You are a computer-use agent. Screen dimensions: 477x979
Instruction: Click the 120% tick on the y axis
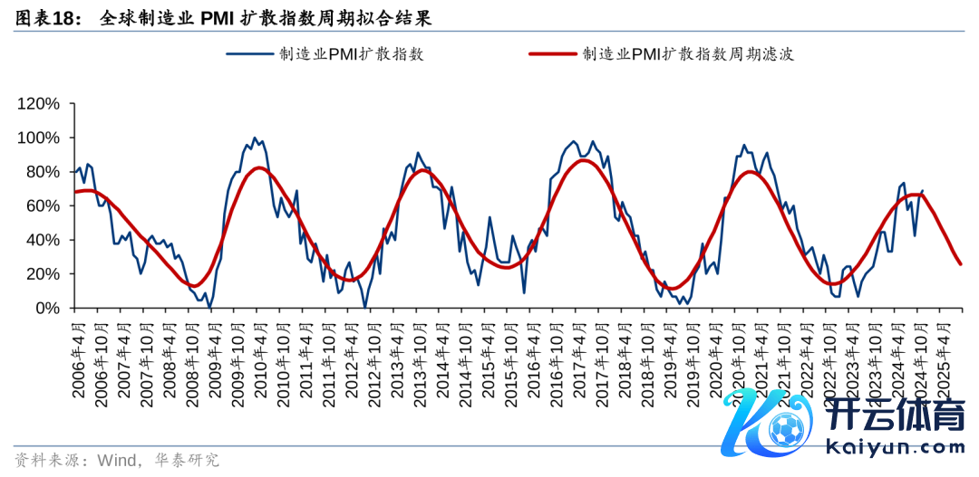(38, 104)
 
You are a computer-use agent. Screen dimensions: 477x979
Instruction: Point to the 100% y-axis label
(38, 138)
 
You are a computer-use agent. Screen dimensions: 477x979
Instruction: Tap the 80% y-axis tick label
(42, 172)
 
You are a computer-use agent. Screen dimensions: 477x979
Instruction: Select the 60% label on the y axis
(42, 205)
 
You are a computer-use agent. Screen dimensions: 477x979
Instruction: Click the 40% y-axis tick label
(42, 240)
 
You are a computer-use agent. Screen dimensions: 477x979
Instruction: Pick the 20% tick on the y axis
(42, 274)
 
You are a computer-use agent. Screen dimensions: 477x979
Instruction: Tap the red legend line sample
(552, 54)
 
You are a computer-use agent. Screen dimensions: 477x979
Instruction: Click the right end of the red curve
(961, 264)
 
